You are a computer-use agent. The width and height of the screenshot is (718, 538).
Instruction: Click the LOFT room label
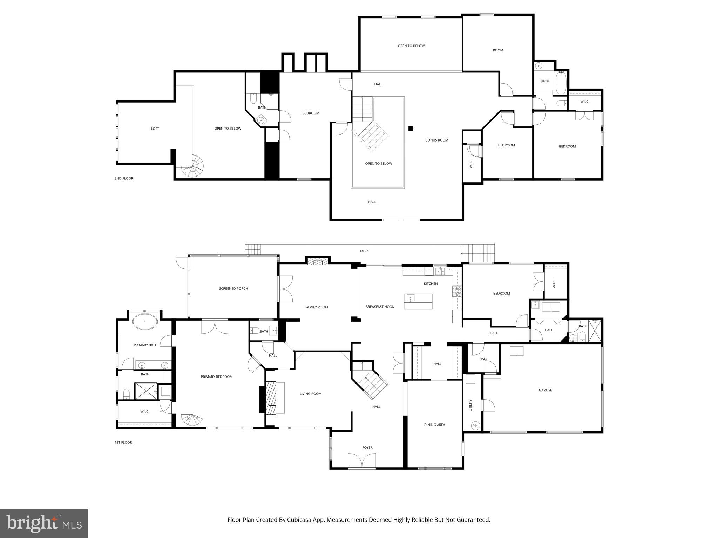155,129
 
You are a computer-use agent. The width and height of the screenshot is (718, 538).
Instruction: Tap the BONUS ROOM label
436,140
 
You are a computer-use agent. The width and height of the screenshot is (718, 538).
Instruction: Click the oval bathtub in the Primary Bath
145,322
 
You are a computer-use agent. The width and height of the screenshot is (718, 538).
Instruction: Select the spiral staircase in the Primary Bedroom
191,420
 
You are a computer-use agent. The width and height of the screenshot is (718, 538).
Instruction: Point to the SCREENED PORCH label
233,289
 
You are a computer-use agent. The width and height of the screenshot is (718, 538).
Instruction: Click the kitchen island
418,301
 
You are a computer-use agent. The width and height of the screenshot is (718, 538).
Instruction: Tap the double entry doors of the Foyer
362,460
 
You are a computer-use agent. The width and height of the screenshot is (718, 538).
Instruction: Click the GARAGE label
545,390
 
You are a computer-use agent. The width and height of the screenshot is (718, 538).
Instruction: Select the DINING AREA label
434,425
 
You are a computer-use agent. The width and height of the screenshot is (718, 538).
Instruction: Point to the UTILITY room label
470,405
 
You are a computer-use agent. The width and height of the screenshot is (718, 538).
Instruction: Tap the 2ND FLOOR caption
124,179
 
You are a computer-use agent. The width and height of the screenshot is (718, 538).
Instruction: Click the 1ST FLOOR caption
123,443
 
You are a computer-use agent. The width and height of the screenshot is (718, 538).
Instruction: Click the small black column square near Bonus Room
411,129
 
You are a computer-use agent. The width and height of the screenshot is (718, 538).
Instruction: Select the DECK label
364,251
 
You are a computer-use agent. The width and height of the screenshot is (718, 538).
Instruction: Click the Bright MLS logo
44,523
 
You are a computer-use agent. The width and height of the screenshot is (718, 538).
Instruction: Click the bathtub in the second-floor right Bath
561,83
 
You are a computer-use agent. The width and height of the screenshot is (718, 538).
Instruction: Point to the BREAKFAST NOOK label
380,307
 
